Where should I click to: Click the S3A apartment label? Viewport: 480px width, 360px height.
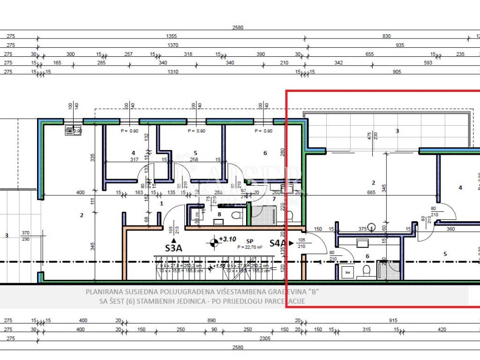(173, 248)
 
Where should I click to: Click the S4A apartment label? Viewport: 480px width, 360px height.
(277, 243)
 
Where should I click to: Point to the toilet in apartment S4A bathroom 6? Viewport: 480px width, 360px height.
(367, 270)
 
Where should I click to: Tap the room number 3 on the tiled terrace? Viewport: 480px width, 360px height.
(397, 131)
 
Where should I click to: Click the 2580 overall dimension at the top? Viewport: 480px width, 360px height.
(238, 28)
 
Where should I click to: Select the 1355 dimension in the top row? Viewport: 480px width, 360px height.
(172, 36)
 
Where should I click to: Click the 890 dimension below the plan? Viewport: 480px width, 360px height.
(211, 321)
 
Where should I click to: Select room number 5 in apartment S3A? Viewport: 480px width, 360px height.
(195, 153)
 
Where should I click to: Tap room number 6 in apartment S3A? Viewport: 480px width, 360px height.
(265, 153)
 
